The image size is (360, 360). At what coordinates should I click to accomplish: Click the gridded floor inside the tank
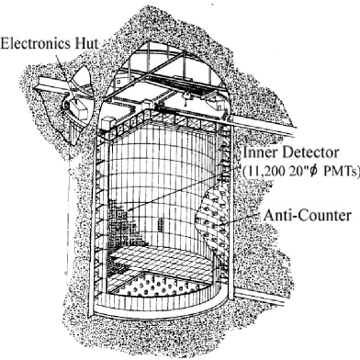[x=174, y=276]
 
